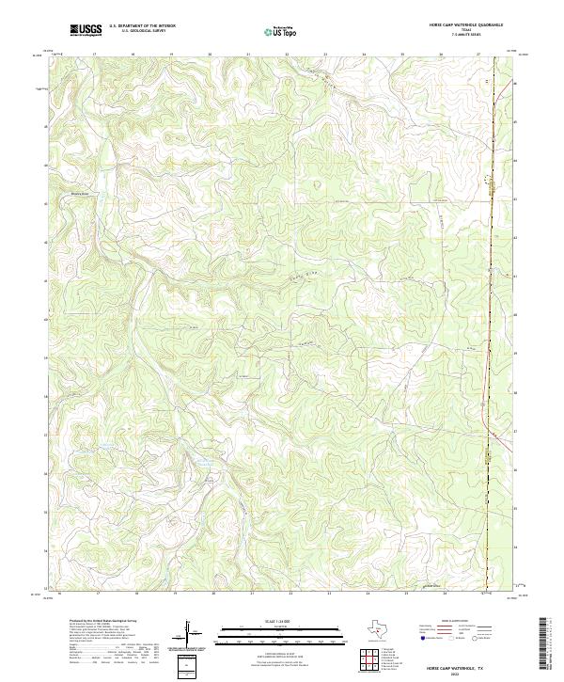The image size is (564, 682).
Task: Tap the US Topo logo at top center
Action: (284, 30)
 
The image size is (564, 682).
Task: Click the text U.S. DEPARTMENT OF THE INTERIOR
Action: (142, 26)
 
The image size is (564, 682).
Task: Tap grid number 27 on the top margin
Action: (478, 55)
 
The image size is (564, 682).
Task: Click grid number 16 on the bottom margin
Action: (59, 595)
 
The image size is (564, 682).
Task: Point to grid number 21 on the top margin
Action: (248, 55)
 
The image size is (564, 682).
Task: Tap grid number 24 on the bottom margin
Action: (368, 595)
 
